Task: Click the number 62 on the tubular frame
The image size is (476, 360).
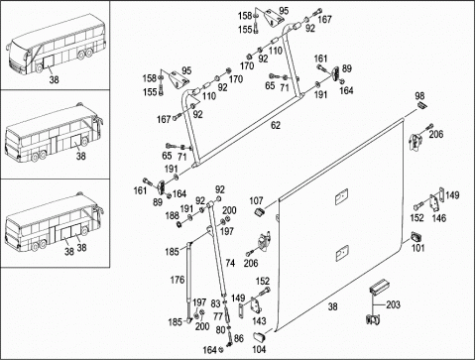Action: tap(276, 126)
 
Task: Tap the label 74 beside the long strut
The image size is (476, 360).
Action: tap(230, 263)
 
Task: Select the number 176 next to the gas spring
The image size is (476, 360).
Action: tap(178, 280)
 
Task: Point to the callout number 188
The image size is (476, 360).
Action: tap(172, 216)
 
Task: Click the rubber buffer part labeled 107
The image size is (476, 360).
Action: tap(261, 211)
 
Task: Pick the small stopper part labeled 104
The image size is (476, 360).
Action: tap(259, 337)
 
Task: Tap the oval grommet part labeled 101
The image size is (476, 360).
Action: tap(416, 237)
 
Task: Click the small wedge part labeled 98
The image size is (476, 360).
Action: tap(421, 105)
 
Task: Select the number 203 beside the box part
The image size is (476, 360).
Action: tap(393, 304)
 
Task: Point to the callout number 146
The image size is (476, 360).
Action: tap(439, 218)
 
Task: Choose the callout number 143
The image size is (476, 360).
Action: tap(259, 320)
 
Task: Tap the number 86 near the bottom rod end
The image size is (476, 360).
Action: tap(238, 338)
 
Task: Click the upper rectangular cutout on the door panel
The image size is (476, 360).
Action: tap(341, 197)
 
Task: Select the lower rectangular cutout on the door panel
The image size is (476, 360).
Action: tap(342, 253)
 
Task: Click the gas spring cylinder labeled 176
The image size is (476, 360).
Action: tap(189, 281)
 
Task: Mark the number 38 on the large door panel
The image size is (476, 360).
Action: tap(332, 306)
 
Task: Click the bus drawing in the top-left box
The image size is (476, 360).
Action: tap(57, 45)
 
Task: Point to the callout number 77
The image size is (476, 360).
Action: tap(218, 316)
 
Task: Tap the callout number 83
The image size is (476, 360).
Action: tap(215, 303)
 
